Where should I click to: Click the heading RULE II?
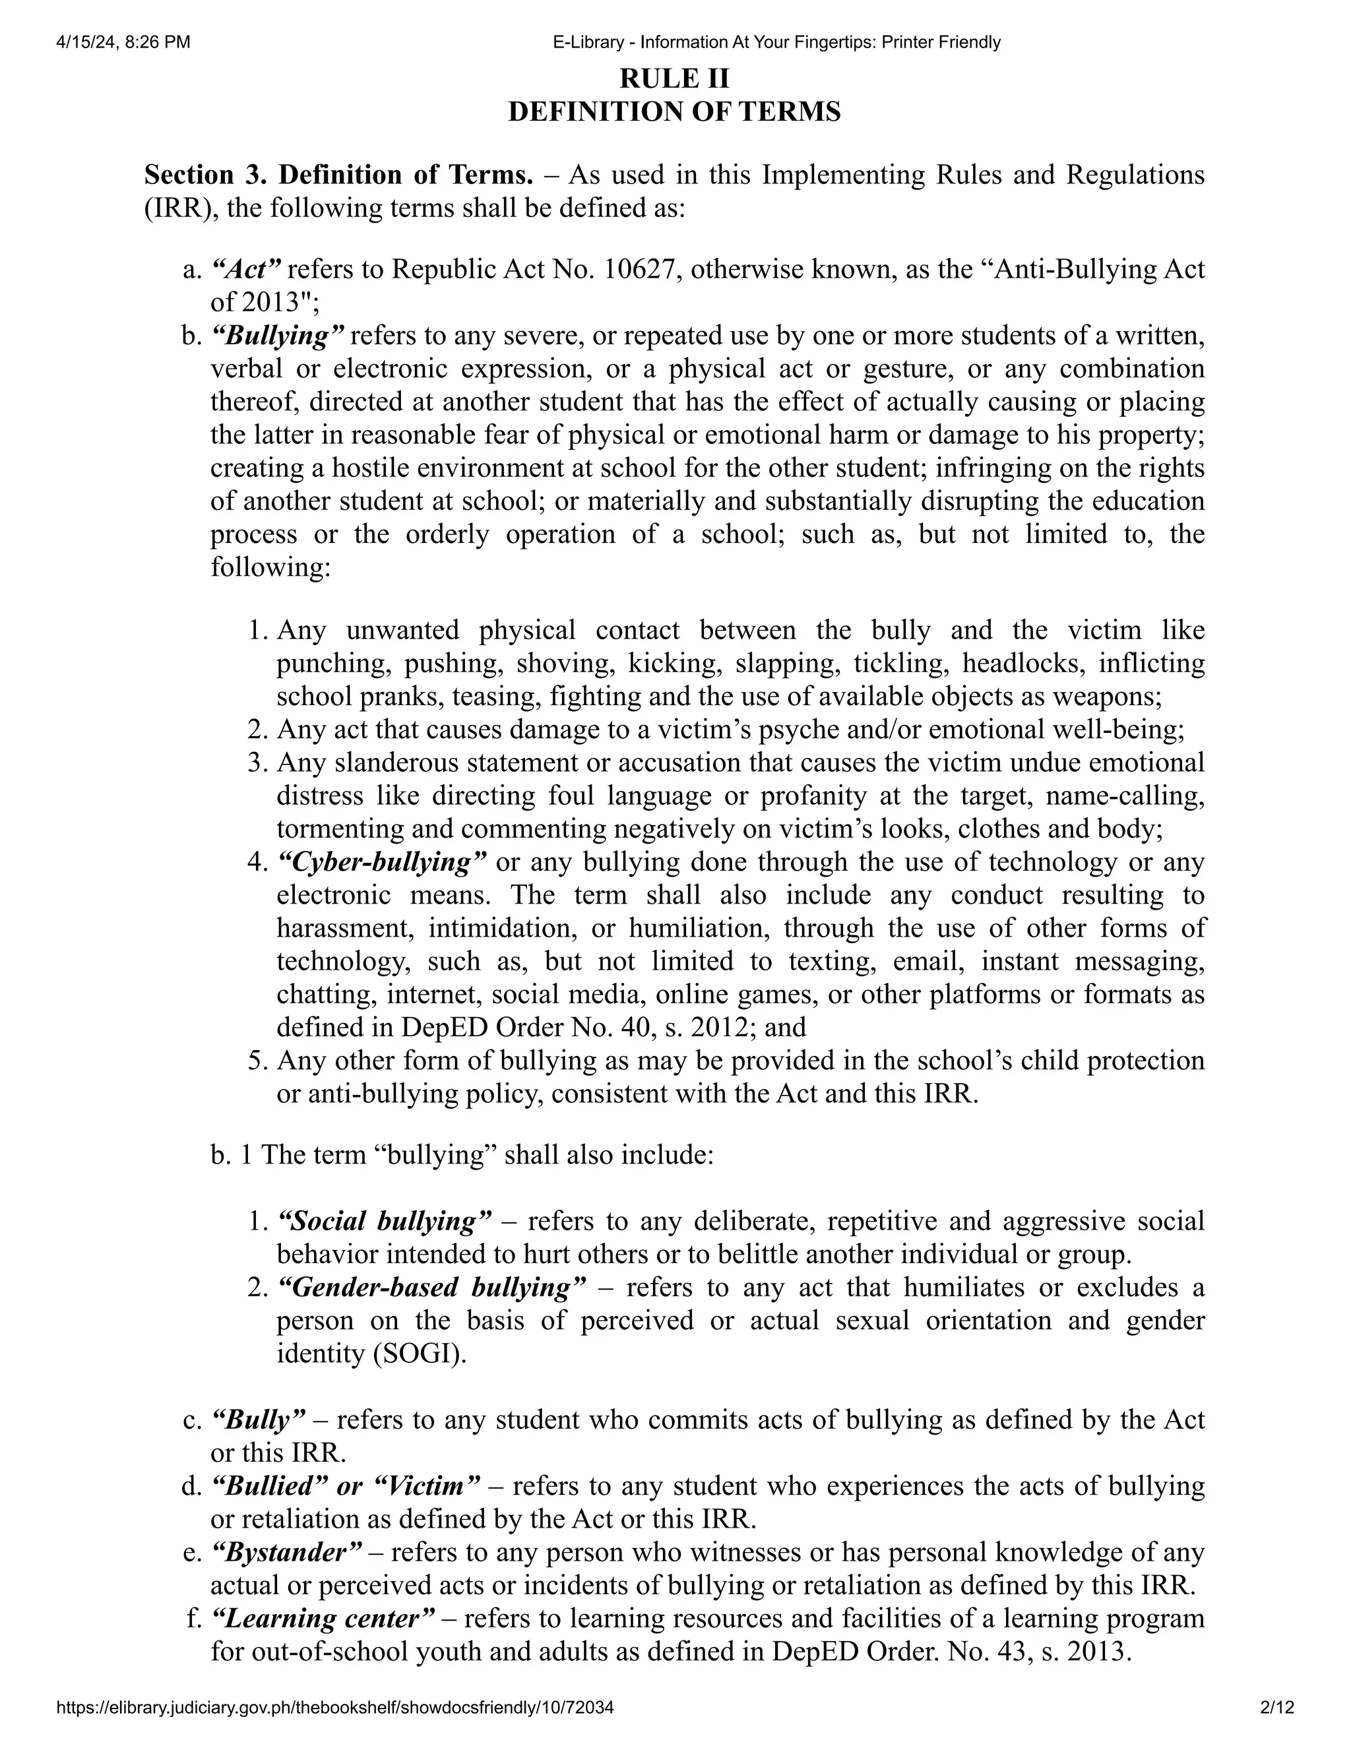coord(675,78)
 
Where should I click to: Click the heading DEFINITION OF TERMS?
coord(675,111)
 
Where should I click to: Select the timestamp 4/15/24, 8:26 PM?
coord(123,42)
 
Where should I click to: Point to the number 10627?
coord(641,270)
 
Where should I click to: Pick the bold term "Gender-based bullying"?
coord(431,1288)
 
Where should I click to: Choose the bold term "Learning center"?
coord(323,1618)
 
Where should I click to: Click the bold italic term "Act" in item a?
coord(247,270)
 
